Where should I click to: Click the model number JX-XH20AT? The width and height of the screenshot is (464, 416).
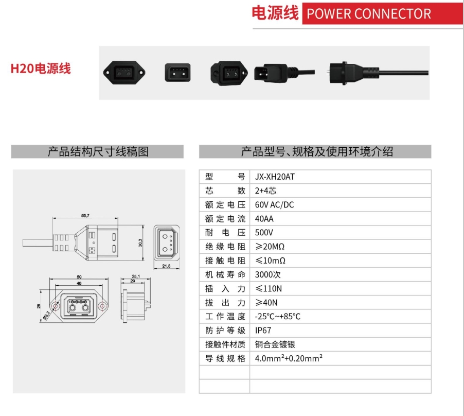tap(275, 177)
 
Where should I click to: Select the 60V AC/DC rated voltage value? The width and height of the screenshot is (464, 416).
tap(274, 204)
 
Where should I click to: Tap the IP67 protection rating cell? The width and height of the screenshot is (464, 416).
tap(263, 330)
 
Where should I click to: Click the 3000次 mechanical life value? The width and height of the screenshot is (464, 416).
tap(266, 274)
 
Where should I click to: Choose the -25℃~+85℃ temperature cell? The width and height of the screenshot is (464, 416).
tap(277, 316)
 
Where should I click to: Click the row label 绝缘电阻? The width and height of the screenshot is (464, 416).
tap(225, 247)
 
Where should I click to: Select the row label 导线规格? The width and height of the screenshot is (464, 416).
tap(225, 358)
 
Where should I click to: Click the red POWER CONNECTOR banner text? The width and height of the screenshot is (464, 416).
tap(368, 14)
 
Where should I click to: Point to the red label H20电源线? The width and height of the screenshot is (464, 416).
tap(41, 68)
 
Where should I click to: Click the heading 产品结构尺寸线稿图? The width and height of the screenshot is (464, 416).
tap(98, 151)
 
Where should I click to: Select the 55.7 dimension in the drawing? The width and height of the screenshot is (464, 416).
tap(85, 216)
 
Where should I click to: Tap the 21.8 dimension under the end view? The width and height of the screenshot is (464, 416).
tap(166, 266)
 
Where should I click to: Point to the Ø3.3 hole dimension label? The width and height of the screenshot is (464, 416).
tap(47, 315)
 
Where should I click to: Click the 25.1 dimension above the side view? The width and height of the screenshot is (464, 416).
tap(136, 275)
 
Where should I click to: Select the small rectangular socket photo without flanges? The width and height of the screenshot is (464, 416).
tap(177, 72)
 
